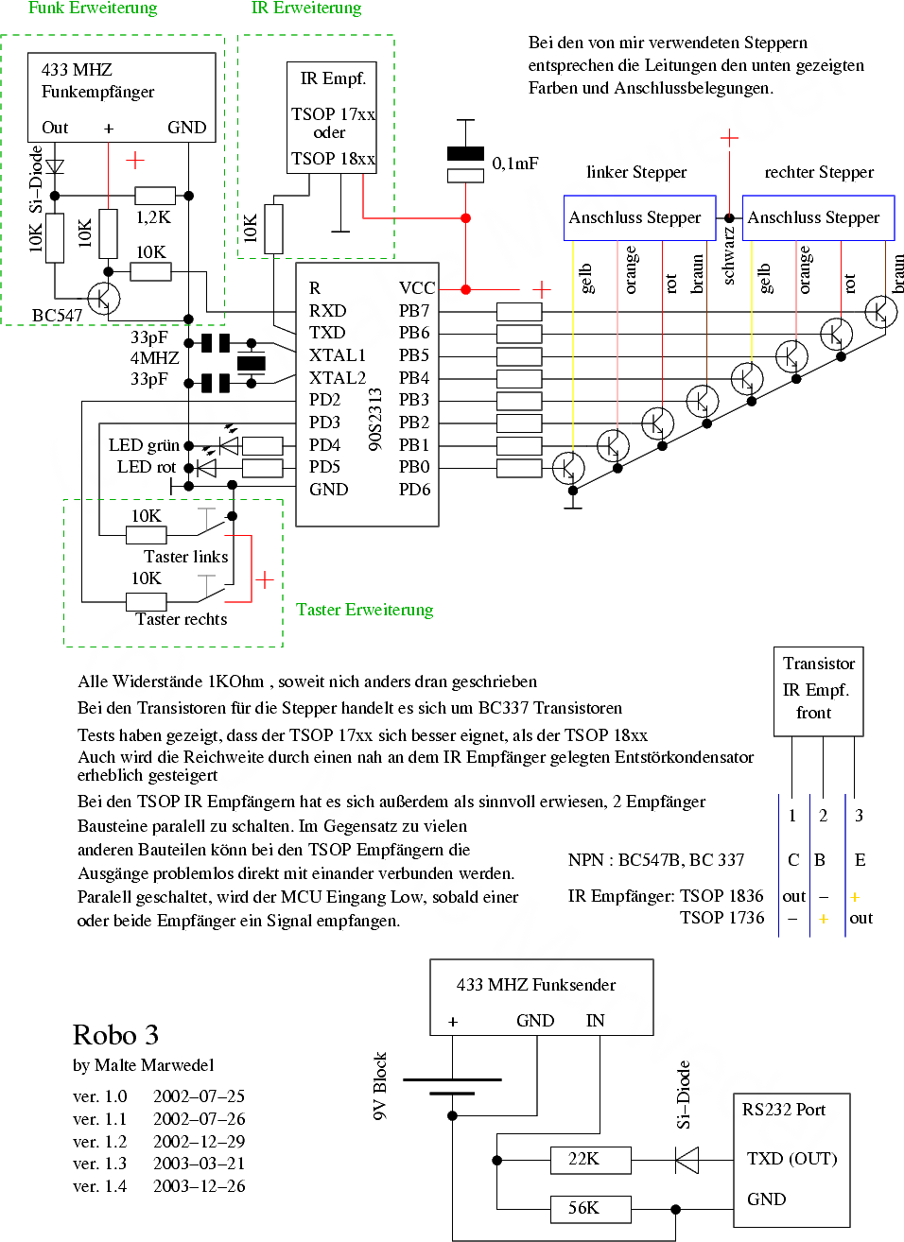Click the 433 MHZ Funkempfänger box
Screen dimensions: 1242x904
121,96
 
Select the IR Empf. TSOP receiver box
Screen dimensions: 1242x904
333,117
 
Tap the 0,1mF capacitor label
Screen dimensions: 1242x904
515,164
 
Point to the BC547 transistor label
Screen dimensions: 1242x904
57,315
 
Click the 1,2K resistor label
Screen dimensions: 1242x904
153,217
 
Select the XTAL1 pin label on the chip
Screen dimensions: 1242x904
338,355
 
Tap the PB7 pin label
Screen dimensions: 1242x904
414,311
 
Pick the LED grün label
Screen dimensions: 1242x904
144,445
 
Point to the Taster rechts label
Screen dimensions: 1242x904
182,619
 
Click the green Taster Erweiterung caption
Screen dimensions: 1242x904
365,610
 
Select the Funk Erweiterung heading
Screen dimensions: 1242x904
93,9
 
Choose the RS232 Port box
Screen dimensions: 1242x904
791,1160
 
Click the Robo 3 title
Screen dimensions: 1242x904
115,1035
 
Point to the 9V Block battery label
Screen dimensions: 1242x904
380,1086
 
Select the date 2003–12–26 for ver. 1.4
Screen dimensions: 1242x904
199,1186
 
